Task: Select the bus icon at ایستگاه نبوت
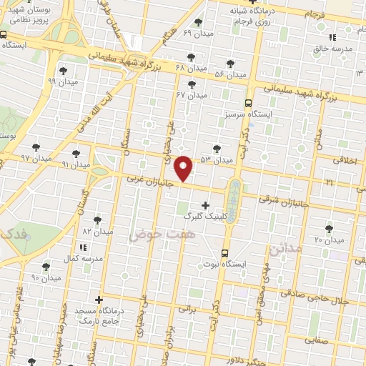pyautogui.click(x=225, y=252)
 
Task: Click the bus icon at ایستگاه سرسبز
pyautogui.click(x=248, y=102)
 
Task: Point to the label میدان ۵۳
pyautogui.click(x=217, y=159)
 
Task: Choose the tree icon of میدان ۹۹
pyautogui.click(x=64, y=70)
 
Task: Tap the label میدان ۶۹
pyautogui.click(x=197, y=33)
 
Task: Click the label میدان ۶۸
pyautogui.click(x=189, y=66)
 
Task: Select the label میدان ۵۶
pyautogui.click(x=230, y=74)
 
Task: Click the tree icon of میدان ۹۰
pyautogui.click(x=46, y=267)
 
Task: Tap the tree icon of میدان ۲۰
pyautogui.click(x=329, y=229)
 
